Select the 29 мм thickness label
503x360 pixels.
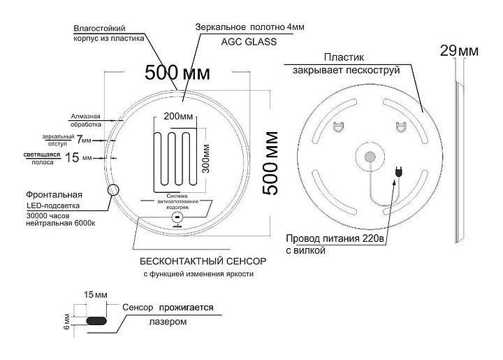459,50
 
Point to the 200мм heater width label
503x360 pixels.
179,115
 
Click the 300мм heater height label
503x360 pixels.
207,158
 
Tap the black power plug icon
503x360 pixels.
400,171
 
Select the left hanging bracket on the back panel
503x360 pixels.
340,127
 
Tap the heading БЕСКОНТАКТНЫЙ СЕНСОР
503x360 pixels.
203,261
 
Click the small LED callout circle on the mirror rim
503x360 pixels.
112,190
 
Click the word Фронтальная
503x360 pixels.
54,194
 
